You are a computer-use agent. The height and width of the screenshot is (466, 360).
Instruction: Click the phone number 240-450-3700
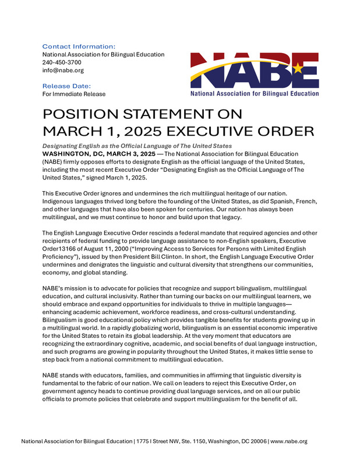click(x=62, y=62)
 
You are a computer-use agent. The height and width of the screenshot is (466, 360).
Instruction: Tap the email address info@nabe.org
click(x=63, y=70)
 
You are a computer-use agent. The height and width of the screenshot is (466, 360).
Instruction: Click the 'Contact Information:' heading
click(x=79, y=46)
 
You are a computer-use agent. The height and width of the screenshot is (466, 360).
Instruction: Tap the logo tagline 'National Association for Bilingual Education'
click(x=255, y=93)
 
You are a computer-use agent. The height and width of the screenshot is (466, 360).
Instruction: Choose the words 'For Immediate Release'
click(x=74, y=94)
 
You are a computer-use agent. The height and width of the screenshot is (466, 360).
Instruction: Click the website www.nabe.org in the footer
click(x=289, y=442)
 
